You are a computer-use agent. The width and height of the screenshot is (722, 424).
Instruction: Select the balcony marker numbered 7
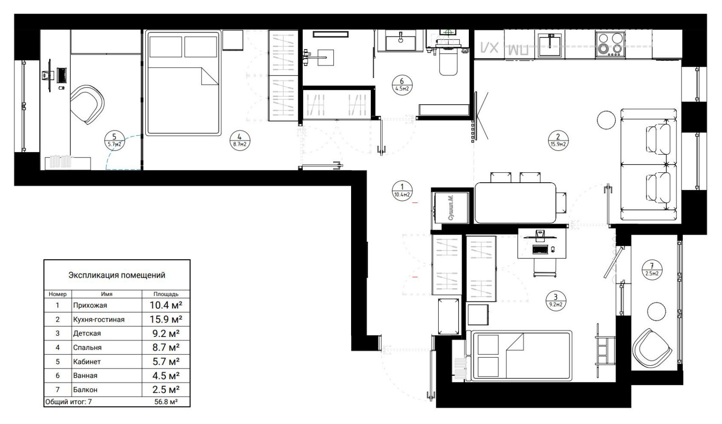pos(652,270)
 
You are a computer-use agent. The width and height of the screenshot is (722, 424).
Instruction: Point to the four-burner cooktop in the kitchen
pos(610,44)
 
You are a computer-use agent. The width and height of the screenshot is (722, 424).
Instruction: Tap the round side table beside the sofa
pos(606,120)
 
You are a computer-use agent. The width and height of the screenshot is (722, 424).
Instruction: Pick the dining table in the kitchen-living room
pos(515,202)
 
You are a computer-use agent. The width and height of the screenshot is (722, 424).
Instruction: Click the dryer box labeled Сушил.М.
pos(451,207)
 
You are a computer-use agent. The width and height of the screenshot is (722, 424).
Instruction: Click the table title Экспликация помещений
pos(116,275)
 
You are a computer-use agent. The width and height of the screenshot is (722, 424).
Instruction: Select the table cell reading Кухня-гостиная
pos(98,319)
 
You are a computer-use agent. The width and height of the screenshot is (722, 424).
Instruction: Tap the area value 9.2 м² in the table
pos(165,333)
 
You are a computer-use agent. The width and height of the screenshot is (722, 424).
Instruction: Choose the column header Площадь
pos(166,294)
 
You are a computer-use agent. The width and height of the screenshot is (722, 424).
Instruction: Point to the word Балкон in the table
pos(85,389)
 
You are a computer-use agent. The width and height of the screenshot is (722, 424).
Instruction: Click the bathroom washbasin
pos(400,41)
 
